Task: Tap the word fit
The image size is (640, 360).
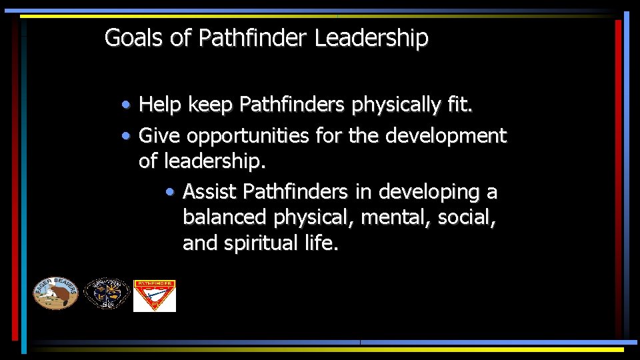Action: click(459, 105)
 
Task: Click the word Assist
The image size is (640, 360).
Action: click(209, 192)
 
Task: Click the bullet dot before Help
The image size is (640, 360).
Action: click(126, 105)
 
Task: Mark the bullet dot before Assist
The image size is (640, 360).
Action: click(171, 193)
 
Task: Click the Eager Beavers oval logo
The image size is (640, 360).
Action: click(56, 293)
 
